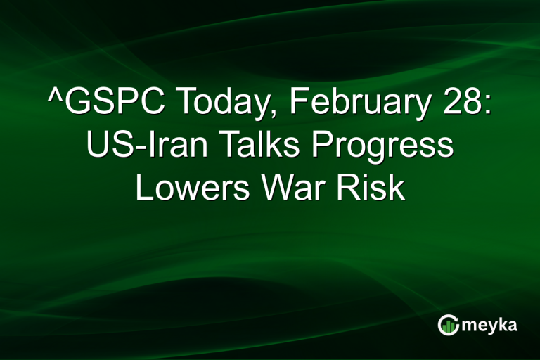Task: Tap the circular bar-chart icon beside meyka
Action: tap(448, 324)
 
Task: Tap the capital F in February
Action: tap(297, 105)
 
